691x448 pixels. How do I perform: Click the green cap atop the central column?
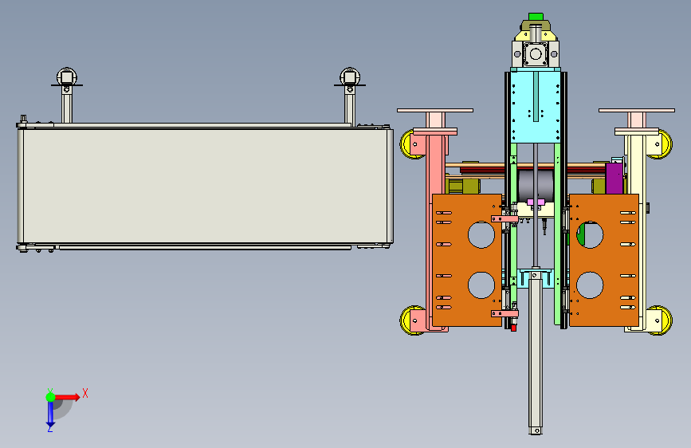tap(536, 16)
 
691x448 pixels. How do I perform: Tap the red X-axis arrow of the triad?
tap(66, 397)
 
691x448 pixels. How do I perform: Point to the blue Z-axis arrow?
tap(50, 413)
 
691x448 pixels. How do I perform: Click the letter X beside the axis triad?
tap(85, 393)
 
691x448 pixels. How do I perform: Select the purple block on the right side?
tap(614, 178)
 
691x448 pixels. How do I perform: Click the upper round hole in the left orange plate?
tap(481, 234)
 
